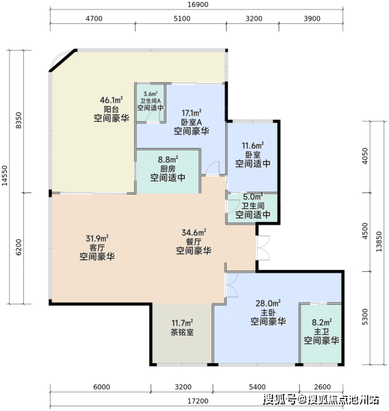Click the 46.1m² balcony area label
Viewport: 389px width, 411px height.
(x=112, y=100)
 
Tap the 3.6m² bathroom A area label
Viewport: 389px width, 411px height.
(x=151, y=94)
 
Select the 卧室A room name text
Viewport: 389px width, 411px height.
(x=192, y=122)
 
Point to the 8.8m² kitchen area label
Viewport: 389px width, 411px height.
(x=168, y=160)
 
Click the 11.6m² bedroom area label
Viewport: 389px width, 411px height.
(x=253, y=145)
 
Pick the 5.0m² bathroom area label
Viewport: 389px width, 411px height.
(x=253, y=197)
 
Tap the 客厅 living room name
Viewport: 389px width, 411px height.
(x=97, y=247)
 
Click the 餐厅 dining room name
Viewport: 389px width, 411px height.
(x=194, y=242)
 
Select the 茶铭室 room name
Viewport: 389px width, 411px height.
(x=182, y=332)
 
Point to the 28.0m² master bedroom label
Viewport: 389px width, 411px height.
(x=268, y=303)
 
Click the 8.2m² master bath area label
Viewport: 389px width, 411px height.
(x=322, y=322)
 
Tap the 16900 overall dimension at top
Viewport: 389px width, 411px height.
(x=198, y=5)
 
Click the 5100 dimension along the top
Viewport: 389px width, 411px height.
(x=182, y=18)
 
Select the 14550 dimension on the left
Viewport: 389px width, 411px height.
(x=5, y=175)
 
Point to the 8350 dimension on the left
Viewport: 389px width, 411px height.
(x=18, y=121)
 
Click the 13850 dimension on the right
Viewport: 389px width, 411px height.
(x=379, y=242)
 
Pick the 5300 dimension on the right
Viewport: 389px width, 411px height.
(x=365, y=317)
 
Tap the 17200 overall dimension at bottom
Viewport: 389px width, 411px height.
(x=198, y=401)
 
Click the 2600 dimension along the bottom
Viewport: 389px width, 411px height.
(x=323, y=387)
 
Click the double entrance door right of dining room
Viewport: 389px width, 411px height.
(x=264, y=248)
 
